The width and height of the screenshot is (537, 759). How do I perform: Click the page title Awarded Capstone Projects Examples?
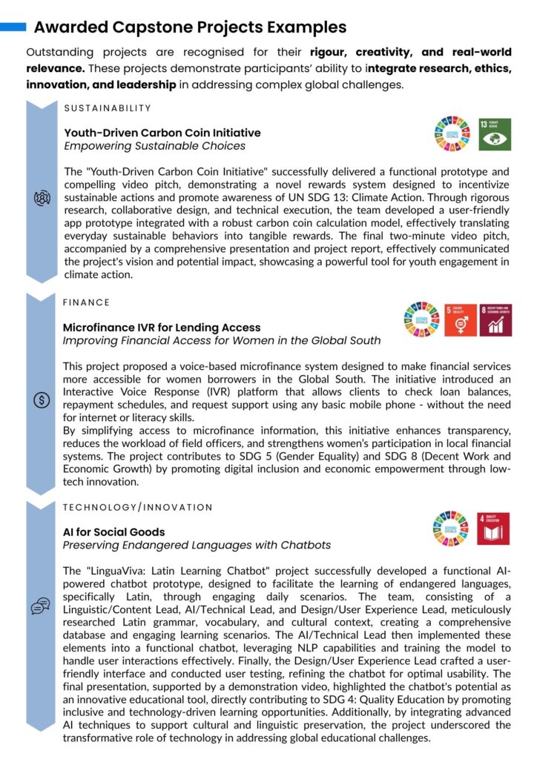tap(190, 28)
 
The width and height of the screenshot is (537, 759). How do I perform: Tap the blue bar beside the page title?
tap(13, 27)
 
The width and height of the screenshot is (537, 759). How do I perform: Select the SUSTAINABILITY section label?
tap(108, 108)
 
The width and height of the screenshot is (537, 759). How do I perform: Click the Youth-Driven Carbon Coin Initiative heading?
tap(162, 133)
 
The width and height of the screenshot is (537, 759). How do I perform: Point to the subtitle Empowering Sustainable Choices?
tap(154, 146)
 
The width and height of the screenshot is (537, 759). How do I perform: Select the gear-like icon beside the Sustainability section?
tap(42, 199)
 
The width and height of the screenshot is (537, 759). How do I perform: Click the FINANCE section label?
tap(86, 302)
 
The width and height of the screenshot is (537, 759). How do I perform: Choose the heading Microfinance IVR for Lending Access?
tap(162, 327)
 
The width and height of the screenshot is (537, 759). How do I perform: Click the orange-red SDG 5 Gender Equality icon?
tap(461, 320)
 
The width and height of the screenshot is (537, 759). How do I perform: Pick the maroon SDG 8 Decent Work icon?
tap(495, 320)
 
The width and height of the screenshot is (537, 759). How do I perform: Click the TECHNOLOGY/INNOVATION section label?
tap(138, 507)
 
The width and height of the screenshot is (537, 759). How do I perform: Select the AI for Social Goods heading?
tap(114, 531)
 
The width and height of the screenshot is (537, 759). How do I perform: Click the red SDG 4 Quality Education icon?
tap(493, 529)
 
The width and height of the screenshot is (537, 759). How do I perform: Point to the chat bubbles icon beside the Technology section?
tap(41, 606)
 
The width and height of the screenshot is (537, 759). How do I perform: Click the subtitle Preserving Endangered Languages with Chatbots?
tap(197, 546)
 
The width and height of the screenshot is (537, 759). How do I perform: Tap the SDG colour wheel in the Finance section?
tap(421, 320)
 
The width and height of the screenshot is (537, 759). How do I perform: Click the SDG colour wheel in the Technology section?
tap(451, 529)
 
